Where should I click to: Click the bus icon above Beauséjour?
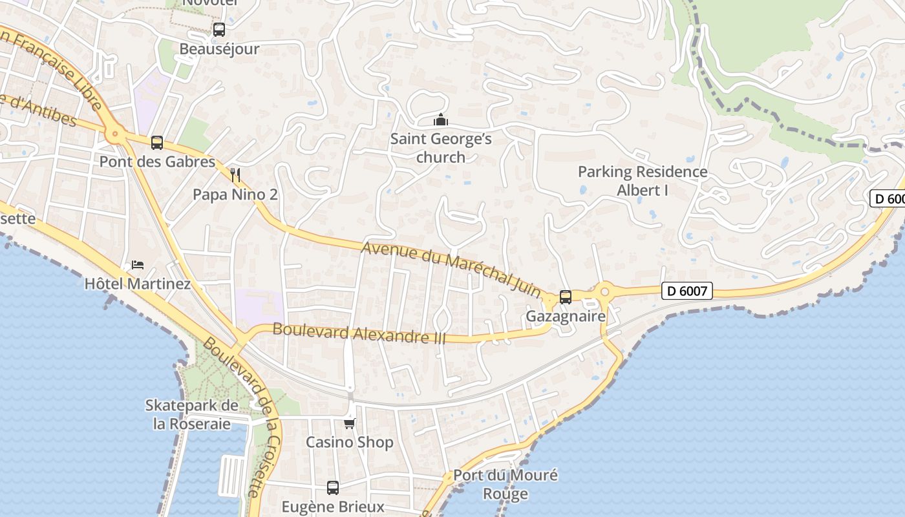point(219,29)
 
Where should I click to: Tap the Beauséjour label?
point(219,49)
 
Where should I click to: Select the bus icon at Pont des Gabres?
point(157,143)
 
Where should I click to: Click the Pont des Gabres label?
point(157,162)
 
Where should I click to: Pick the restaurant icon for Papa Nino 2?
point(235,175)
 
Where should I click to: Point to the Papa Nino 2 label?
point(235,195)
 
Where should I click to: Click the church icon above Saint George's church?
point(441,120)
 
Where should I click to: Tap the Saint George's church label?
point(441,148)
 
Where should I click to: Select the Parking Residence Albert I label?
point(643,181)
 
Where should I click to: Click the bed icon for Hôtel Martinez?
point(138,264)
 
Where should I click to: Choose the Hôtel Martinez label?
point(138,284)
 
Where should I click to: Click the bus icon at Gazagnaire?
point(566,297)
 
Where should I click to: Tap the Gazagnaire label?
point(566,317)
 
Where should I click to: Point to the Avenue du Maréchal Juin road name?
point(451,269)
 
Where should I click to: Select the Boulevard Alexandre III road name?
point(359,333)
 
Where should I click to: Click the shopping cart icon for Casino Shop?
point(350,423)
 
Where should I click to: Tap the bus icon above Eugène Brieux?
point(333,487)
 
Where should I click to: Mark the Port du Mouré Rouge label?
point(506,485)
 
